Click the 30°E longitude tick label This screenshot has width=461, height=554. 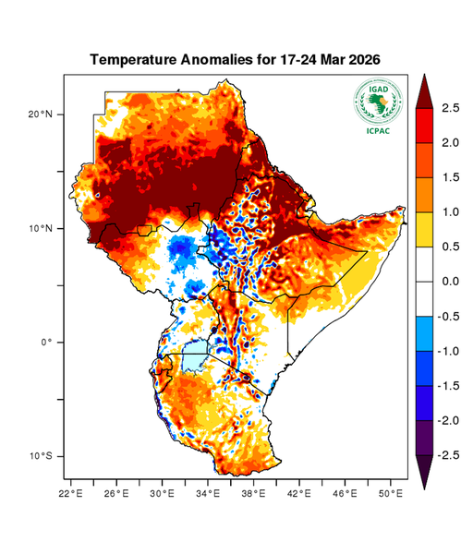tap(163, 494)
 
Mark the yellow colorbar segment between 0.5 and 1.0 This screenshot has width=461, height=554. tap(426, 229)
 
